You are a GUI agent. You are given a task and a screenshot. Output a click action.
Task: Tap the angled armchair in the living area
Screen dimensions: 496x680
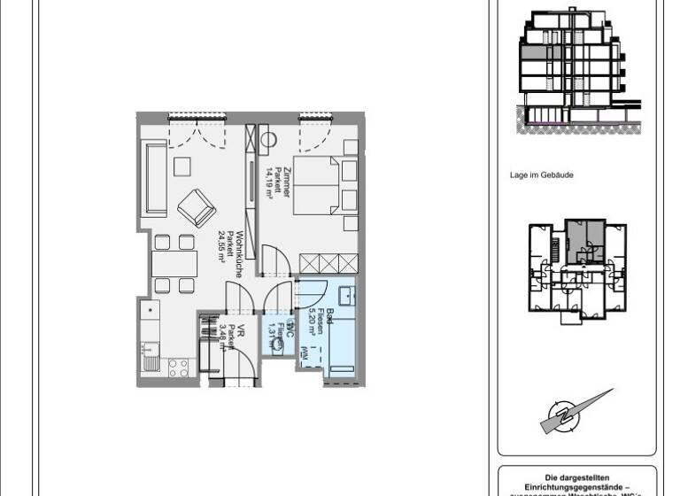pos(196,209)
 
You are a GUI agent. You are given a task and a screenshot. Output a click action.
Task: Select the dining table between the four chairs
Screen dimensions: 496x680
pos(174,264)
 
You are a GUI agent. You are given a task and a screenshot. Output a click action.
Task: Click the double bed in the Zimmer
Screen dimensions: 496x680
pos(316,186)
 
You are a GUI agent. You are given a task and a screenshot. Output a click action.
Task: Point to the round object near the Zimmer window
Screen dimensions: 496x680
pos(269,139)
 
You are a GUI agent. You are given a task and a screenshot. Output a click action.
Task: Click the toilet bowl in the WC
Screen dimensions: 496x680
pos(279,347)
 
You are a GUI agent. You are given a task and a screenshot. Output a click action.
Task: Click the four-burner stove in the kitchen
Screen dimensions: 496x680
pos(180,367)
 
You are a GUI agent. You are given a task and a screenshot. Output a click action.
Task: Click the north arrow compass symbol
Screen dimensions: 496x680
pos(577,412)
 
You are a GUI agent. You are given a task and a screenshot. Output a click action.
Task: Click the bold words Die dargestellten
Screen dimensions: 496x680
pos(577,476)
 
